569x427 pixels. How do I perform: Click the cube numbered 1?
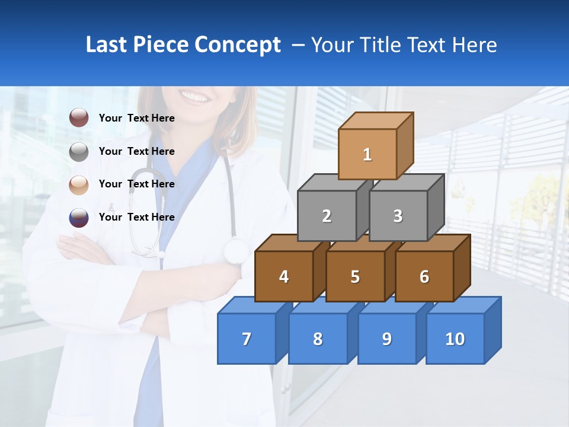[x=367, y=154]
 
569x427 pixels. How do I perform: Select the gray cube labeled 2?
[x=327, y=216]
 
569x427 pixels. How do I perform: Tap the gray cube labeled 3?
[x=398, y=216]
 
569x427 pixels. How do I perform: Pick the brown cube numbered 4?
[x=284, y=276]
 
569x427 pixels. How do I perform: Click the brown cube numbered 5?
[x=355, y=276]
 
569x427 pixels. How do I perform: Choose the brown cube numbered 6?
[x=424, y=276]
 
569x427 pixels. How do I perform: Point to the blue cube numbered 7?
[x=247, y=339]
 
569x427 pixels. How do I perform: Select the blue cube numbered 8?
[x=318, y=339]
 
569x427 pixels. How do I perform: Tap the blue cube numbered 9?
[x=387, y=339]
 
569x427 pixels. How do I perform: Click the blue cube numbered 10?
[x=455, y=339]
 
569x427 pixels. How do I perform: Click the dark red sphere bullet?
[x=79, y=118]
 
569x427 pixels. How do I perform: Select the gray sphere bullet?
[x=79, y=151]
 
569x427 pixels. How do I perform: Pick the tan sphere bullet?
[x=79, y=184]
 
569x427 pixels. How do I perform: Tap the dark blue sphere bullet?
[x=79, y=217]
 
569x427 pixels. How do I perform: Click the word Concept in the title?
[x=238, y=45]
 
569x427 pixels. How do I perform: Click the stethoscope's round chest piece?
[x=236, y=250]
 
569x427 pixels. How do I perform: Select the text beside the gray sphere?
[x=136, y=151]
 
